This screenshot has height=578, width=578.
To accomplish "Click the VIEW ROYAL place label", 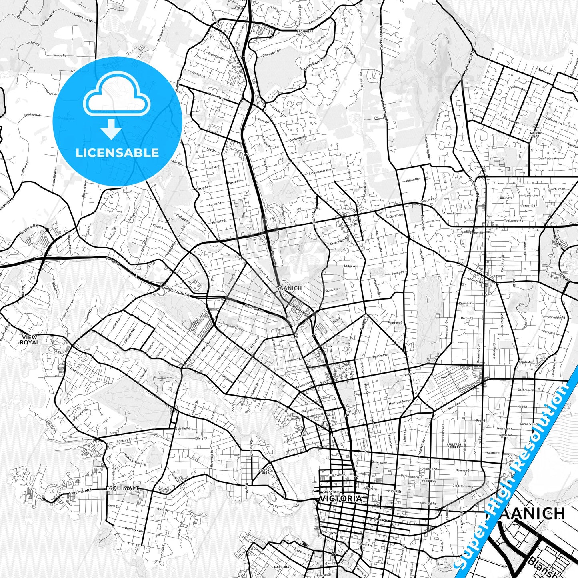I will (x=30, y=340).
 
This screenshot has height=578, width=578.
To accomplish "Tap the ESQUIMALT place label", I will (x=123, y=488).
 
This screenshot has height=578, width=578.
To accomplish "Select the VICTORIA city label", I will (x=340, y=499).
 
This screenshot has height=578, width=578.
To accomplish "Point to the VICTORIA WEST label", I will (x=266, y=472).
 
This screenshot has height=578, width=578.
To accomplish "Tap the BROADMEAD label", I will (x=305, y=31).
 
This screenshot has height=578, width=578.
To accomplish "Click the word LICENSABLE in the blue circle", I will (x=117, y=152).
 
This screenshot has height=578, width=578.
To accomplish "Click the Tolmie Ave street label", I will (x=380, y=355).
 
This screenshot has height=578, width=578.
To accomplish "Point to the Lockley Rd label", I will (x=125, y=440).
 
